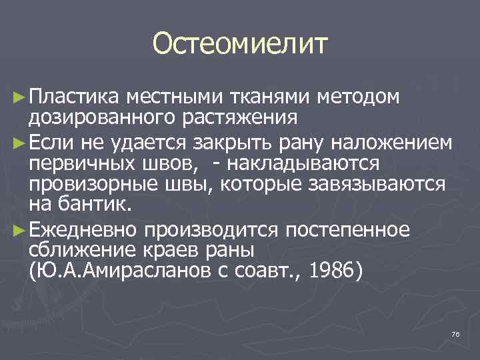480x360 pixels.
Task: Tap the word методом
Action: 359,98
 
